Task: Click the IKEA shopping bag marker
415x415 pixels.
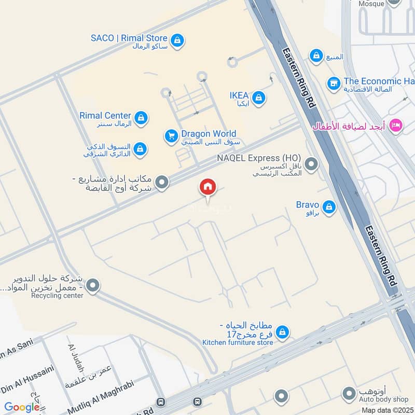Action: click(x=259, y=97)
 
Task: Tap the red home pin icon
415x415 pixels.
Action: click(x=208, y=187)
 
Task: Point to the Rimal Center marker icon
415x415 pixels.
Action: click(x=141, y=118)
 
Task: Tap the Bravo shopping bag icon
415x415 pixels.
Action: click(x=328, y=208)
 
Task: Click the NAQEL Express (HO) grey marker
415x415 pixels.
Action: click(x=311, y=164)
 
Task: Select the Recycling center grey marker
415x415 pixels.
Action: click(x=93, y=285)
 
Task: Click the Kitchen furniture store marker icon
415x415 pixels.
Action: click(x=282, y=332)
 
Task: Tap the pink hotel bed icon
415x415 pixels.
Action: click(x=396, y=126)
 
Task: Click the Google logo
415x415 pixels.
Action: click(x=22, y=408)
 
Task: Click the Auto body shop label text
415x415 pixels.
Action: click(x=383, y=399)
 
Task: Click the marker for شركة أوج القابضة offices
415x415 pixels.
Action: click(x=162, y=183)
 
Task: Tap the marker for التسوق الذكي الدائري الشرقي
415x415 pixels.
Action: click(x=139, y=150)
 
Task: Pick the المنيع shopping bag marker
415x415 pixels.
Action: click(x=316, y=55)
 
